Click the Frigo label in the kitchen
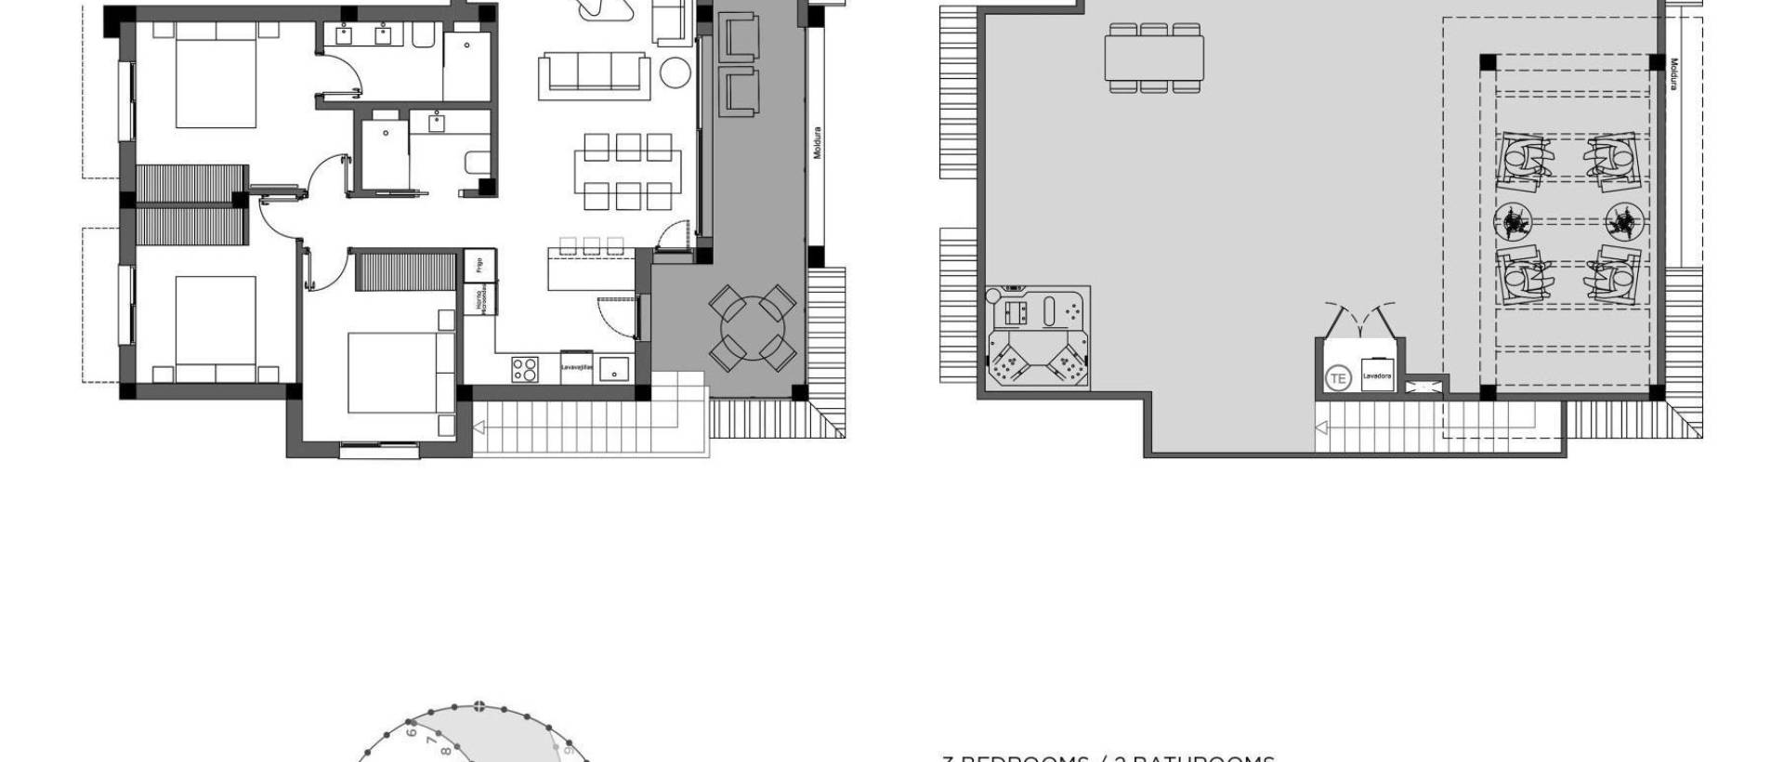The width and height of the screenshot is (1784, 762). click(x=479, y=265)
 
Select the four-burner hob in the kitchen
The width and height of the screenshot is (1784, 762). click(x=525, y=369)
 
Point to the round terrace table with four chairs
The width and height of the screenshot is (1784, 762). click(x=753, y=328)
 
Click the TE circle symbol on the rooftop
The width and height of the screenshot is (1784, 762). click(x=1338, y=377)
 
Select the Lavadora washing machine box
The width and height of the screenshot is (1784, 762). click(x=1376, y=375)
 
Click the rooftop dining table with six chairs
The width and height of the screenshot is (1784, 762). click(x=1155, y=58)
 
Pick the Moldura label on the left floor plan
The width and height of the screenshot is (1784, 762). click(x=818, y=142)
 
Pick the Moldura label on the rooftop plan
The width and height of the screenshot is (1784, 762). click(x=1673, y=74)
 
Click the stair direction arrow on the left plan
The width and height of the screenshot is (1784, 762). click(x=480, y=427)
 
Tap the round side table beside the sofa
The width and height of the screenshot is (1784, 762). click(x=676, y=72)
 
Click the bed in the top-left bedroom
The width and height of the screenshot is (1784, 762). click(x=216, y=74)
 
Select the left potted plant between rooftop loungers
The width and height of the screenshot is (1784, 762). click(x=1515, y=221)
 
